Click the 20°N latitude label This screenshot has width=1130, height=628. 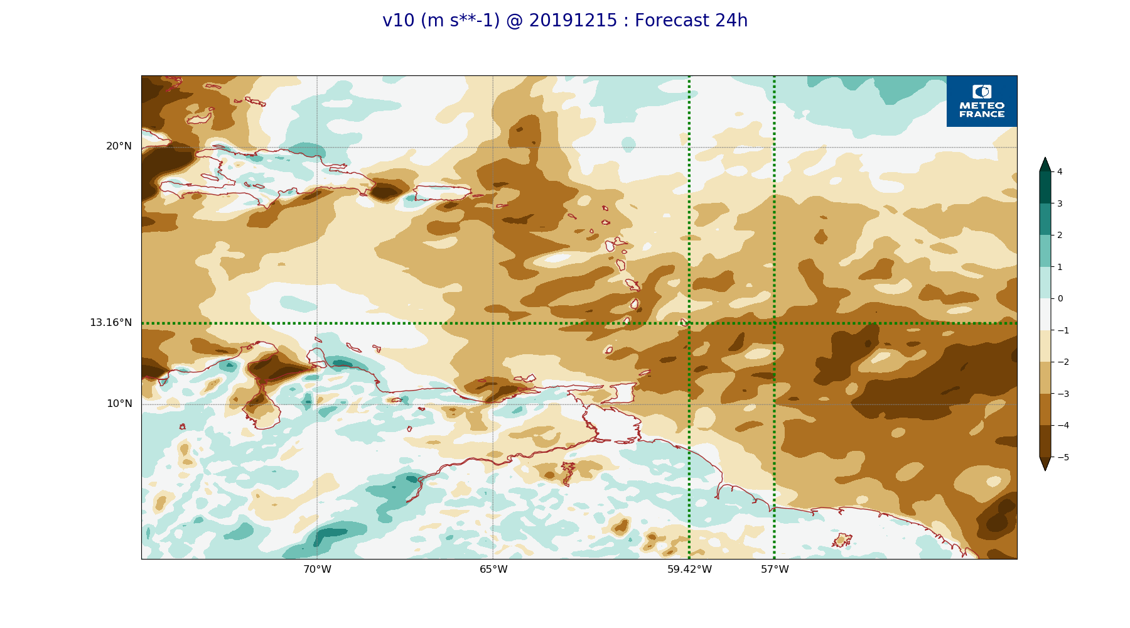tap(119, 146)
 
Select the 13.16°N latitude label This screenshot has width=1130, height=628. tap(110, 323)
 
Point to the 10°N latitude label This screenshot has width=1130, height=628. tap(119, 404)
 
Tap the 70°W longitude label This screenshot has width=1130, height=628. tap(317, 570)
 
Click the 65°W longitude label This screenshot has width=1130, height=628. tap(493, 570)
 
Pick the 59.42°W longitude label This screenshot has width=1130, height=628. tap(689, 570)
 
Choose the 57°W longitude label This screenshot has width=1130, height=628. tap(775, 570)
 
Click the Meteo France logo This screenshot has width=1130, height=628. tap(982, 101)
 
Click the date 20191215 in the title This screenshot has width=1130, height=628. tap(573, 21)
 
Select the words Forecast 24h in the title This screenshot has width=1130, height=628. tap(691, 21)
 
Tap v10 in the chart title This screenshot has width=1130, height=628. tap(399, 21)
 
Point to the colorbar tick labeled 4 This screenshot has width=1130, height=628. tap(1060, 171)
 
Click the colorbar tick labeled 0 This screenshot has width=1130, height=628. tap(1060, 298)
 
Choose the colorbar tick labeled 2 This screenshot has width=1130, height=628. tap(1060, 235)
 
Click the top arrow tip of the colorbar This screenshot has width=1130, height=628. tap(1045, 158)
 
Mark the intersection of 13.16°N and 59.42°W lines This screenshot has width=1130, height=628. tap(689, 323)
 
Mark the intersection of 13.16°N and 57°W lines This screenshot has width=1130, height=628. tap(774, 323)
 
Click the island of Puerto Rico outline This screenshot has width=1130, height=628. tap(442, 193)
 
